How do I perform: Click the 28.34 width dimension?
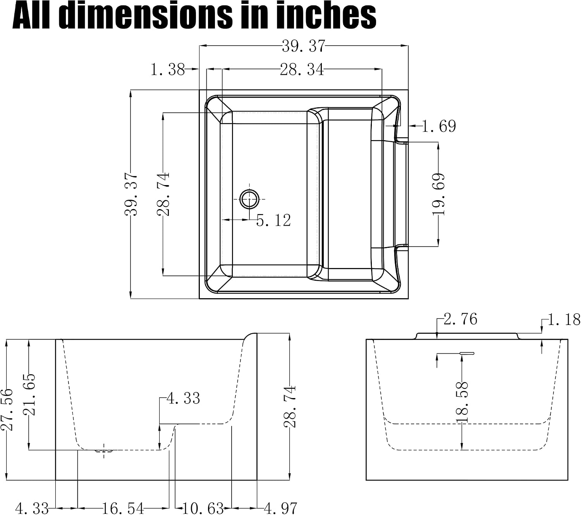click(x=302, y=69)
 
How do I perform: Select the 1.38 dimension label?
click(x=168, y=70)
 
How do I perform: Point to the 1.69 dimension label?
click(x=439, y=126)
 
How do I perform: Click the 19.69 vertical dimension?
click(x=438, y=194)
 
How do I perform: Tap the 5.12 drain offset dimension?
click(x=273, y=220)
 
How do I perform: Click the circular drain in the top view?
click(x=249, y=199)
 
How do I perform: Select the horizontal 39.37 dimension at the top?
click(x=303, y=46)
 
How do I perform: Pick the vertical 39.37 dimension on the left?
click(x=131, y=194)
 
